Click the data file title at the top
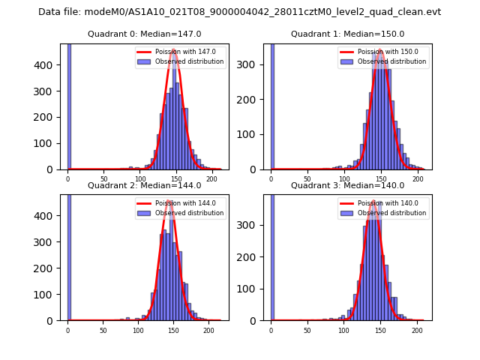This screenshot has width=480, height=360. [x=239, y=12]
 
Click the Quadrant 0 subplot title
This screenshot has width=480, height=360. [x=144, y=34]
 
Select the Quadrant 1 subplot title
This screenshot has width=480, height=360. [x=347, y=34]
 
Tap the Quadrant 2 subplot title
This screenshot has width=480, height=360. [x=144, y=185]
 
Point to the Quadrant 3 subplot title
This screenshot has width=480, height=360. [x=347, y=185]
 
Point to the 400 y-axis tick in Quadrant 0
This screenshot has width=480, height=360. [x=52, y=64]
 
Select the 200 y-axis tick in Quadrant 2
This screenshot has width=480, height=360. [x=52, y=268]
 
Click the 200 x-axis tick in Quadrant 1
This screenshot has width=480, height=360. [x=417, y=179]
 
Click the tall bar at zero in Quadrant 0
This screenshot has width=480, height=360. [x=69, y=105]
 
